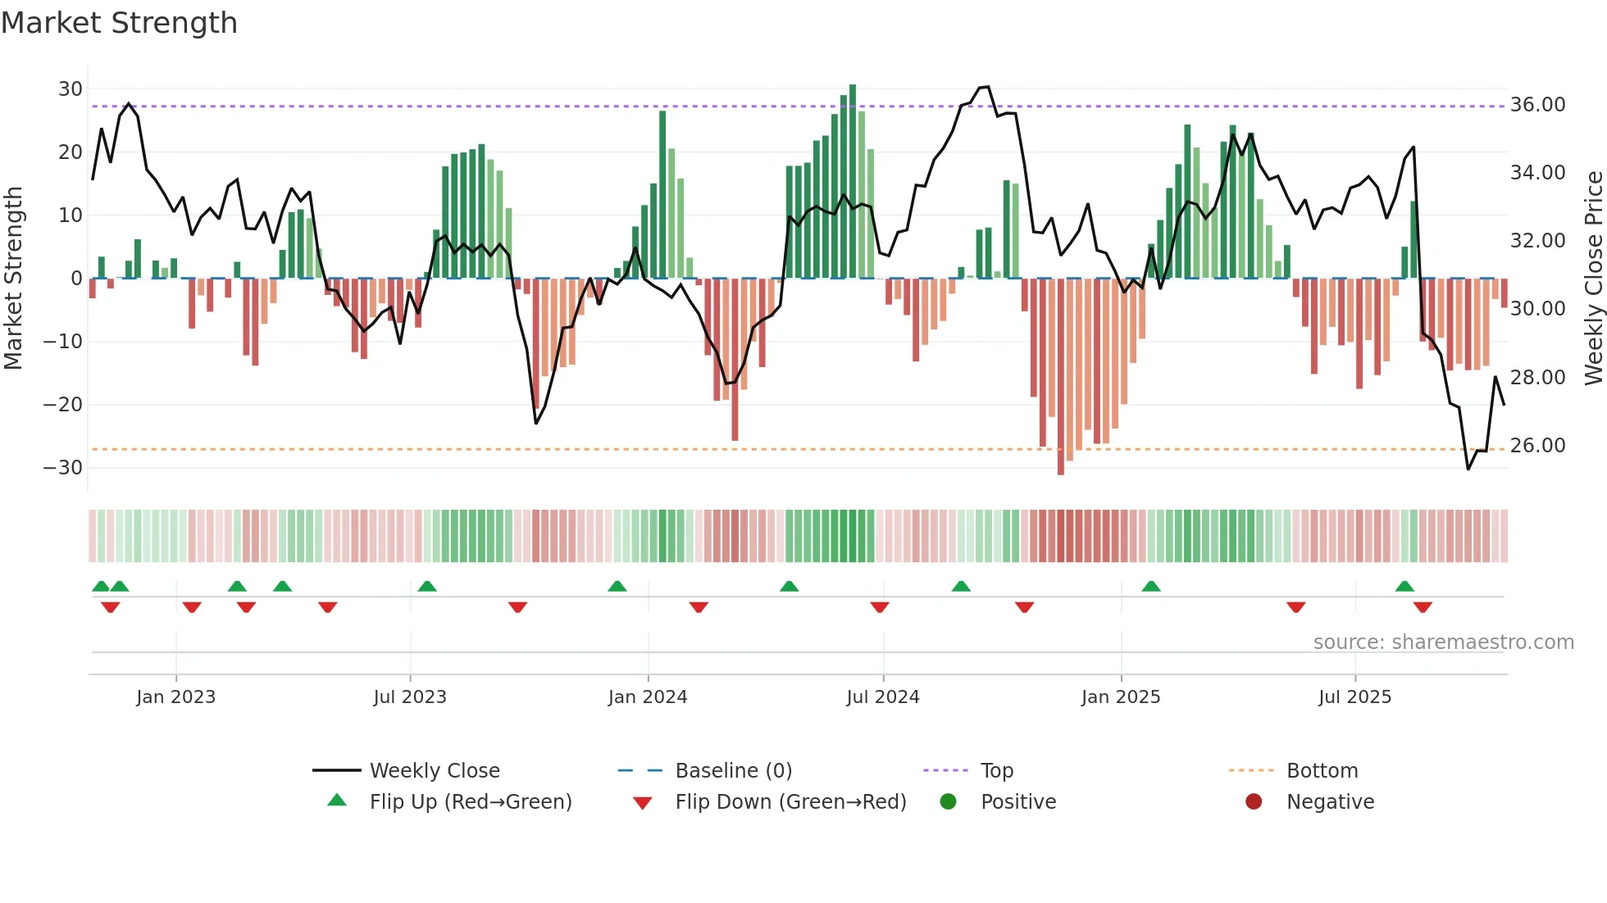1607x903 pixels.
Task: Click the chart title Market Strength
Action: click(119, 23)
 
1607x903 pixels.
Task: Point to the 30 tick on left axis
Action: click(71, 88)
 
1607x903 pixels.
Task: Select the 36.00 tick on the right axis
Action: click(1537, 105)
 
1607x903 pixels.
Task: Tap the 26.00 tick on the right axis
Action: click(1537, 446)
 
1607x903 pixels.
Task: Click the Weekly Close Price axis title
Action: click(1593, 278)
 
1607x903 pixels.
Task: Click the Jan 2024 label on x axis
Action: click(648, 697)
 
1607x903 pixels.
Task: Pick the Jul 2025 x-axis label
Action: click(1354, 697)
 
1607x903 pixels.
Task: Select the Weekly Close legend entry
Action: click(434, 771)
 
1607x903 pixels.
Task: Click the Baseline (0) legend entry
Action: click(733, 771)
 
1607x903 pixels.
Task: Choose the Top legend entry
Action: click(997, 771)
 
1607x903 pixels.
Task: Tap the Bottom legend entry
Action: click(1322, 771)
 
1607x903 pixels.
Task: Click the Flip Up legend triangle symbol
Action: click(337, 801)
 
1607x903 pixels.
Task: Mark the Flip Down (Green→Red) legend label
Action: click(790, 802)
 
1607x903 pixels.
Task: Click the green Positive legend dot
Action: click(948, 802)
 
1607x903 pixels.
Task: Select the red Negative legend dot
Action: click(1254, 802)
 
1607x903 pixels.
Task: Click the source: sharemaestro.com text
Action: click(1443, 642)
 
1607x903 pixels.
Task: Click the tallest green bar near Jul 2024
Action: click(853, 180)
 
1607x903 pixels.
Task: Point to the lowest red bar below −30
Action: click(1061, 377)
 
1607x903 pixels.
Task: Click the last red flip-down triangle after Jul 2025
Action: click(1423, 607)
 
